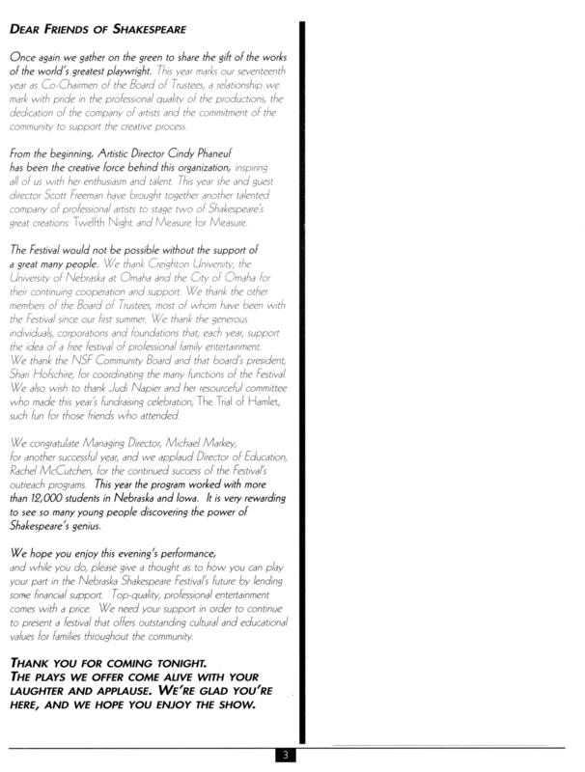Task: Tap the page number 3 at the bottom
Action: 287,755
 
